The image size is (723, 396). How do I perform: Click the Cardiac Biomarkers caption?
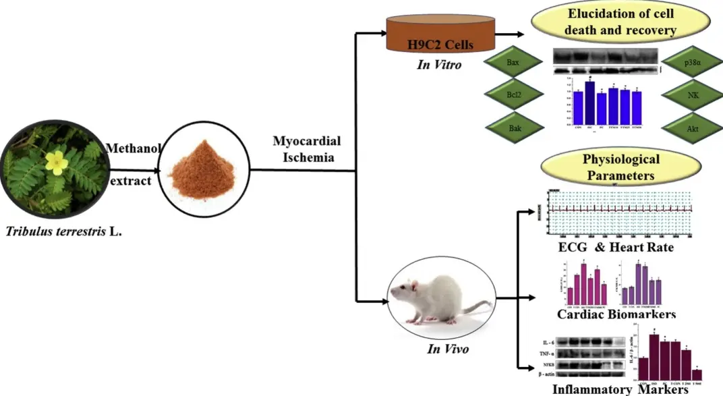616,314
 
